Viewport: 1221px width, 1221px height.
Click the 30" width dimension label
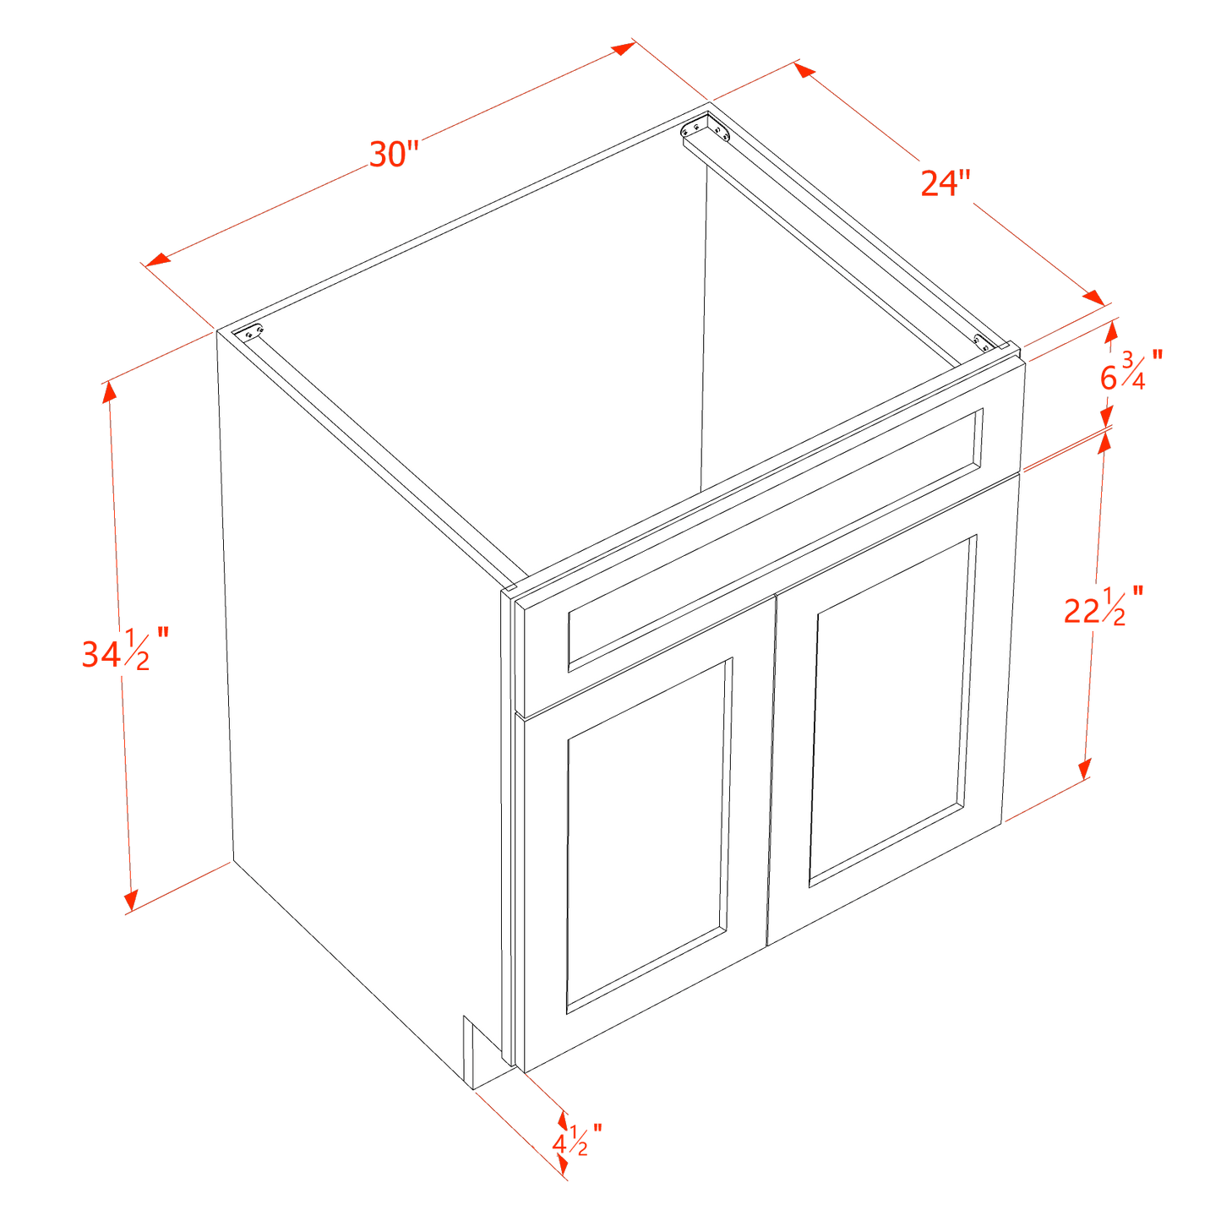click(395, 155)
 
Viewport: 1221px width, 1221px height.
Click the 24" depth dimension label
click(946, 183)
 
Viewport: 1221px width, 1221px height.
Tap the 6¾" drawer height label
click(1129, 370)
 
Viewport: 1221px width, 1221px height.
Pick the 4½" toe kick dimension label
click(576, 1139)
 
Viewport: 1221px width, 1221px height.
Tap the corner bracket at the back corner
click(706, 130)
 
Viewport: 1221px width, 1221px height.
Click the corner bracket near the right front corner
click(983, 342)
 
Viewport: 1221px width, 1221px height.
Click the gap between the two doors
click(771, 769)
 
